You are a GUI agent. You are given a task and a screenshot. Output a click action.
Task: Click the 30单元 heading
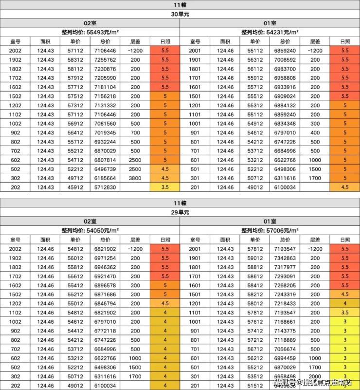180,14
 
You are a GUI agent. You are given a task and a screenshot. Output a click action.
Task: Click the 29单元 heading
180,212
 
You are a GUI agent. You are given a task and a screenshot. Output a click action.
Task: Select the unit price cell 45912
75,187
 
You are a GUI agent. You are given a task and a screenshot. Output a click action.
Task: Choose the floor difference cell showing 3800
135,178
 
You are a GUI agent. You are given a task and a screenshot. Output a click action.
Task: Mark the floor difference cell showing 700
135,132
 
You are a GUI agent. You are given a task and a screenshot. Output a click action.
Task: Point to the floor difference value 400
315,132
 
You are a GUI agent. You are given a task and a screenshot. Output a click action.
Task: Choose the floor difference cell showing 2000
315,376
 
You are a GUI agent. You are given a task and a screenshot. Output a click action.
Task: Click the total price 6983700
285,69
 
